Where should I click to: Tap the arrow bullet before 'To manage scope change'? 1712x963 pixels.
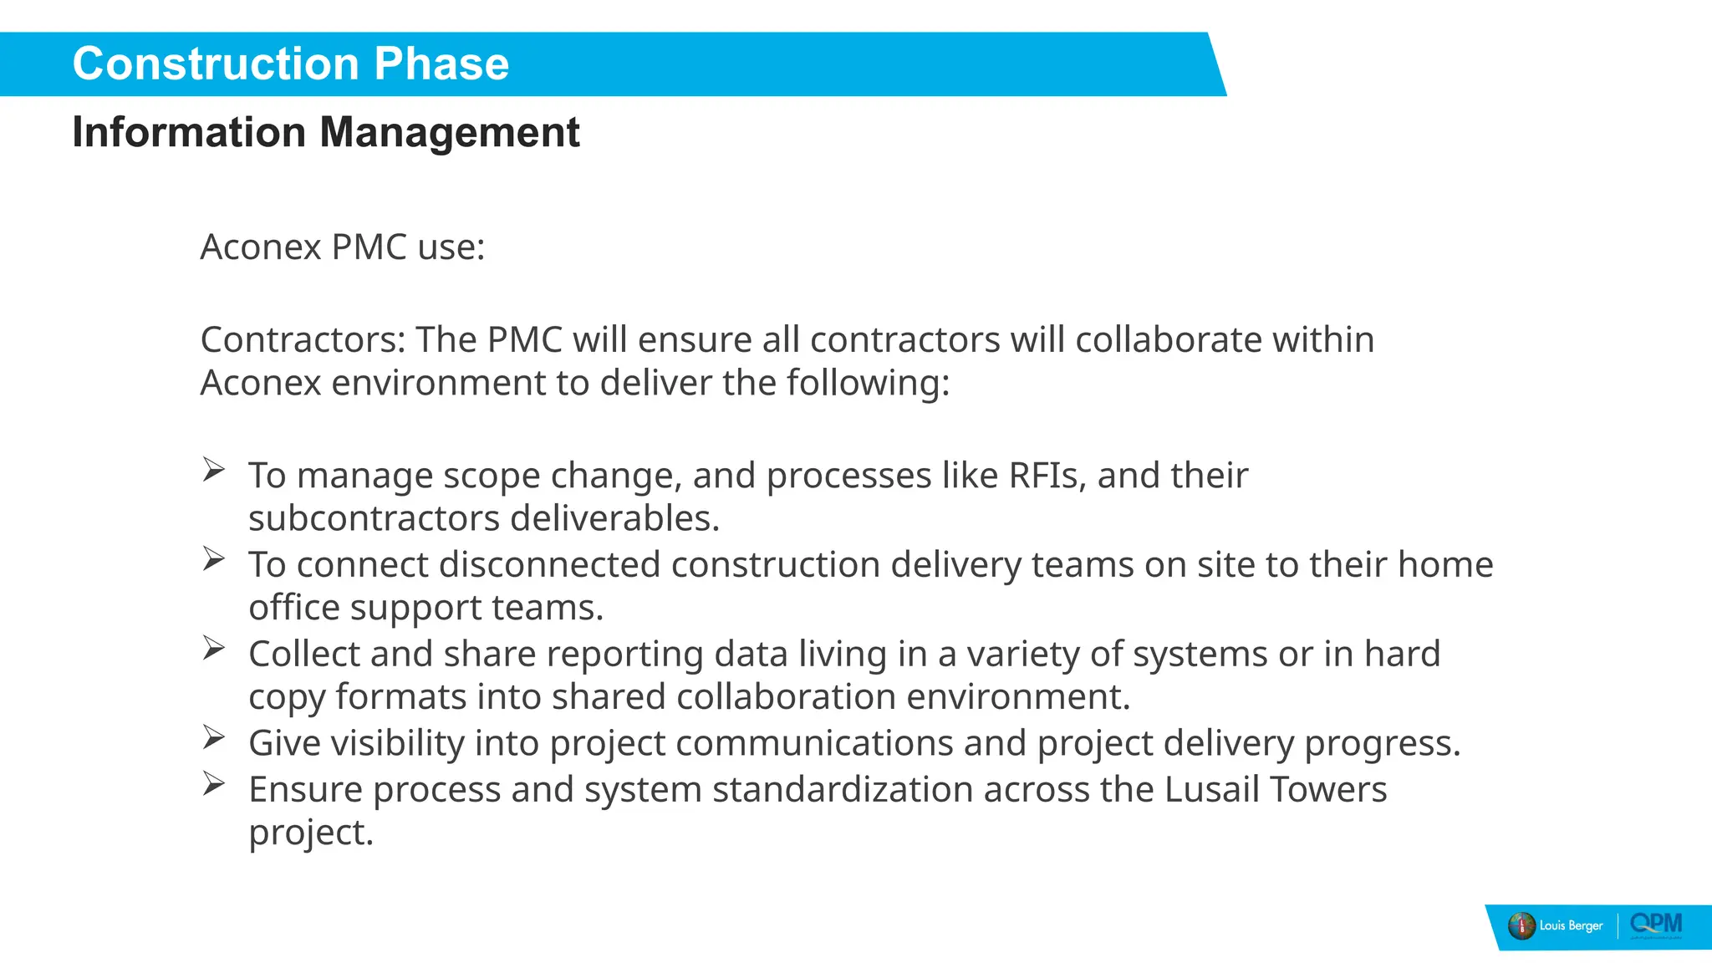click(x=214, y=470)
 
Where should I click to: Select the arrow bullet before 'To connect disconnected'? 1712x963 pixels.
click(x=214, y=558)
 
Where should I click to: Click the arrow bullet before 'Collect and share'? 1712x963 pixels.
click(x=214, y=648)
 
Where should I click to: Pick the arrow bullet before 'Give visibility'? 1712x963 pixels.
click(x=214, y=737)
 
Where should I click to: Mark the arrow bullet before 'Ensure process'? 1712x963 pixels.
click(x=214, y=783)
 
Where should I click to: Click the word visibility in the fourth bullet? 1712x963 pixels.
click(x=397, y=743)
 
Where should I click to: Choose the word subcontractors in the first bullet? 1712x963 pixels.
click(x=374, y=518)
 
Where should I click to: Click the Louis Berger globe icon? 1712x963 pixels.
click(x=1521, y=926)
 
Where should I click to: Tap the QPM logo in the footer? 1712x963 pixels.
click(x=1656, y=925)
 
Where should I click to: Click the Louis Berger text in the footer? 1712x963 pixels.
click(x=1572, y=926)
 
